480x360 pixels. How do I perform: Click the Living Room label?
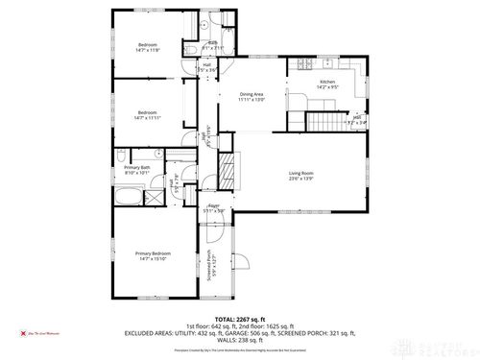(300, 174)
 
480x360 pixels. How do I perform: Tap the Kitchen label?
(327, 83)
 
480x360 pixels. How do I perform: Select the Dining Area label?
(252, 94)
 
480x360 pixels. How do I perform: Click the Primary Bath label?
(136, 168)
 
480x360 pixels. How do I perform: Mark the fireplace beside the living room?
(227, 173)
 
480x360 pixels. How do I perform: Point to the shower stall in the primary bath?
(152, 198)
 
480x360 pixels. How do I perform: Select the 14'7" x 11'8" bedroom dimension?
(147, 50)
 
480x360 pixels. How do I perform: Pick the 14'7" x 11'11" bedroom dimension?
(147, 116)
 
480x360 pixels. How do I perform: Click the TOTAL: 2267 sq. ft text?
(239, 317)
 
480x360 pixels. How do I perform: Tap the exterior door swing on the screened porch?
(239, 261)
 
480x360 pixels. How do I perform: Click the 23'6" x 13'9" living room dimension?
(300, 180)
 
